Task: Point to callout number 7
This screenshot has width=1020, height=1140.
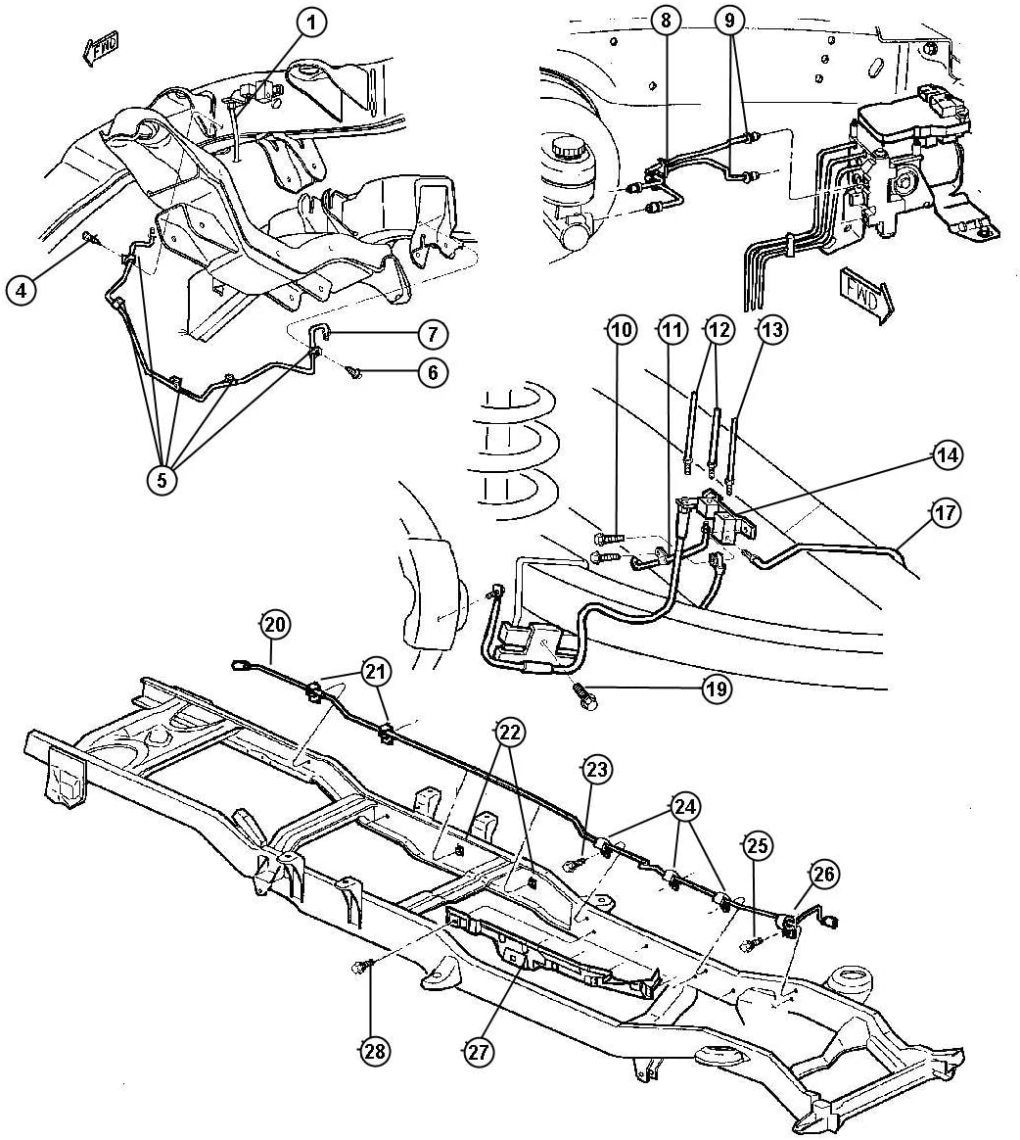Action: (432, 335)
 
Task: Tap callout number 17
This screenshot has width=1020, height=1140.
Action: (944, 512)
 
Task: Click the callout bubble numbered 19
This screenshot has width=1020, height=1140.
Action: (717, 689)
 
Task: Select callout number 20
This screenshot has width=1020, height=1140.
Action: (275, 624)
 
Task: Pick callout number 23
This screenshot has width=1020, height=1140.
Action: (597, 771)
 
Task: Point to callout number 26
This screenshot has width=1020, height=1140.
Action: (823, 875)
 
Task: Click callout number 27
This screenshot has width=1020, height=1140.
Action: (480, 1052)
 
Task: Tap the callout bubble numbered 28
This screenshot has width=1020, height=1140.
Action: (373, 1052)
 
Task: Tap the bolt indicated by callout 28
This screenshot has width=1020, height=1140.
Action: (358, 968)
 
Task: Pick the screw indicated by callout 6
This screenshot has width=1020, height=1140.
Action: (354, 372)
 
